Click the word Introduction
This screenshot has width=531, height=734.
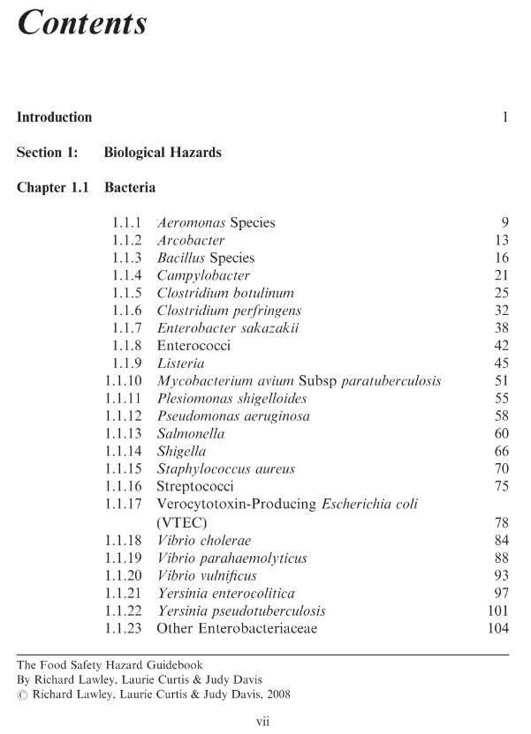[x=54, y=117]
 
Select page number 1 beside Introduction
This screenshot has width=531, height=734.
[x=504, y=117]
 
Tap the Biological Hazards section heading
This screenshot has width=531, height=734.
[x=163, y=153]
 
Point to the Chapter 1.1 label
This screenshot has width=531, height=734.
[x=54, y=188]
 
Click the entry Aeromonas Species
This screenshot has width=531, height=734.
[x=216, y=223]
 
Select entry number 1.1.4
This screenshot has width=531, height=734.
[x=127, y=275]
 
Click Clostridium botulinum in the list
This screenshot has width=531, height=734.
[x=225, y=293]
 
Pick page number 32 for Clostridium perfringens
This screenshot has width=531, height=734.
[x=501, y=311]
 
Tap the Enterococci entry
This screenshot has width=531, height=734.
[x=193, y=346]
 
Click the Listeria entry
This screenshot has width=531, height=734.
[x=180, y=363]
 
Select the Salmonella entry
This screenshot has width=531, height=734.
[x=190, y=434]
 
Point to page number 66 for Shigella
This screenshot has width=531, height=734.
[x=501, y=452]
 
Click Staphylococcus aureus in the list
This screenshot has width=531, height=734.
[x=225, y=469]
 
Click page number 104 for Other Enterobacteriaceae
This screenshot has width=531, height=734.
[x=497, y=628]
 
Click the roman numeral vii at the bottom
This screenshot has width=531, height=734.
[x=262, y=721]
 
